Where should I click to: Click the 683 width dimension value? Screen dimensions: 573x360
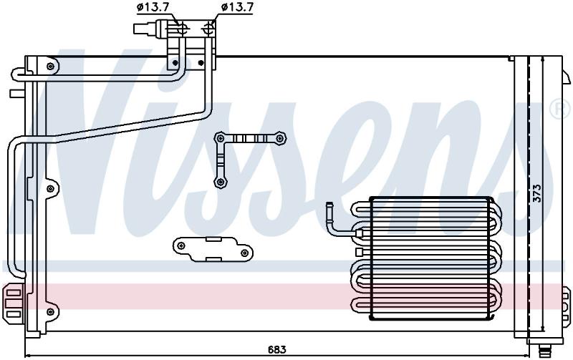[x=276, y=349]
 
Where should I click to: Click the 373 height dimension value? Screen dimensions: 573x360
[x=536, y=193]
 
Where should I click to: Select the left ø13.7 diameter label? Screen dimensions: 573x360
[x=153, y=7]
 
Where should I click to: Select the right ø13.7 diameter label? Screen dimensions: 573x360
[x=238, y=7]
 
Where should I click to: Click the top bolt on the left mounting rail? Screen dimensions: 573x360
[x=50, y=67]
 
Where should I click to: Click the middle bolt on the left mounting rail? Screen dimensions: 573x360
[x=50, y=189]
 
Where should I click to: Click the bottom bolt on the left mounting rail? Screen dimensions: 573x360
[x=50, y=312]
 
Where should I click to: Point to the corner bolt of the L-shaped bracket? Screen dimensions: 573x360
[x=220, y=138]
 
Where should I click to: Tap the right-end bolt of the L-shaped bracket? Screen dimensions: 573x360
[x=279, y=138]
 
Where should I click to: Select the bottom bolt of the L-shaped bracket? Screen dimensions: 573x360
[x=220, y=182]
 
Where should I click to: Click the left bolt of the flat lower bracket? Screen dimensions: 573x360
[x=180, y=245]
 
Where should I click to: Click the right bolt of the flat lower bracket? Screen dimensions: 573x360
[x=245, y=253]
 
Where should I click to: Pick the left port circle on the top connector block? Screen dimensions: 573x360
[x=182, y=28]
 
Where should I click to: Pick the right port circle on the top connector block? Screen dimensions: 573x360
[x=209, y=28]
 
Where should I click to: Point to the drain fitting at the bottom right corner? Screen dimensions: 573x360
[x=544, y=351]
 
